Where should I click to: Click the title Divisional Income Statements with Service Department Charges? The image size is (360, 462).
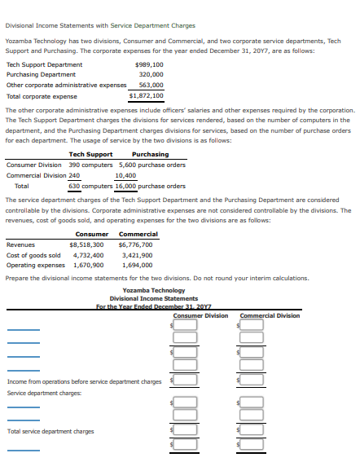click(x=100, y=26)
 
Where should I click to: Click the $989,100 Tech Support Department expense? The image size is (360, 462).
click(x=148, y=64)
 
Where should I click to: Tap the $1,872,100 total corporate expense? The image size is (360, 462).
click(x=147, y=95)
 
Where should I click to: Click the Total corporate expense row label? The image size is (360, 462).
click(x=42, y=95)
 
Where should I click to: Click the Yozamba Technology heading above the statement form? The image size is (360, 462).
click(x=153, y=291)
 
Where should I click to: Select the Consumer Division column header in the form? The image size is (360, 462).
click(x=200, y=316)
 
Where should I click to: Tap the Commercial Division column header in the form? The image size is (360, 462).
click(x=270, y=316)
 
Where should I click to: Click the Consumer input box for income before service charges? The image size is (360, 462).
click(x=185, y=380)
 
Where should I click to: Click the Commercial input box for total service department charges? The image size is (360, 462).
click(x=252, y=431)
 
